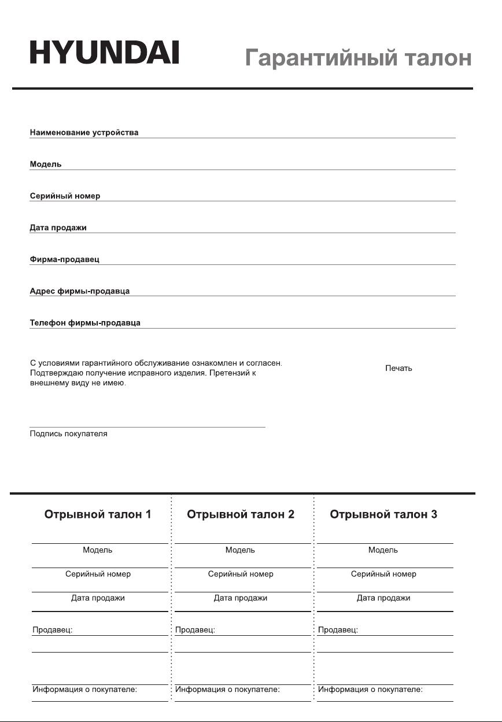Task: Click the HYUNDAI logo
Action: tap(104, 52)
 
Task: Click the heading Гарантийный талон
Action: tap(358, 58)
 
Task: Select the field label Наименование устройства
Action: tap(84, 132)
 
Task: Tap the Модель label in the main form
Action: tap(46, 164)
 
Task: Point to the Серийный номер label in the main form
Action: tap(65, 196)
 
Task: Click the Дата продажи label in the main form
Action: tap(58, 228)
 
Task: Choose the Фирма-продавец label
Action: tap(64, 259)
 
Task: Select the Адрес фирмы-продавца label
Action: tap(79, 291)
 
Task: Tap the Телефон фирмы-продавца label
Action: tap(85, 323)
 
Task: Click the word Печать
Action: tap(398, 369)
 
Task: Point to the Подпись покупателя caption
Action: tap(68, 433)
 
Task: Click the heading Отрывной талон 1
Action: tap(98, 514)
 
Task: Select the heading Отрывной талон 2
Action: tap(241, 514)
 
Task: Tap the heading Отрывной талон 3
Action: tap(383, 514)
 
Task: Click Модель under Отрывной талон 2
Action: tap(240, 550)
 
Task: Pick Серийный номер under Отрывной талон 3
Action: tap(383, 574)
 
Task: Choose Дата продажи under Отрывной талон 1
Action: tap(98, 598)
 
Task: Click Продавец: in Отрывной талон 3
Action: tap(338, 630)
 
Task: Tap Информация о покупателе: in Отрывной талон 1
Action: tap(84, 690)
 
